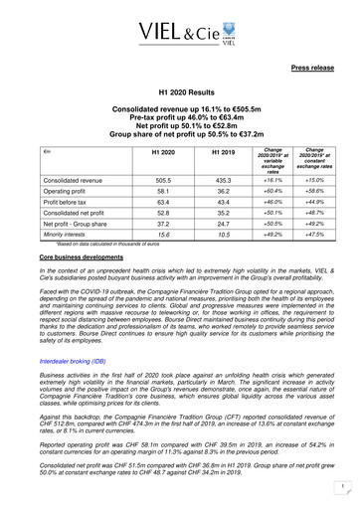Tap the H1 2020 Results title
tap(180, 90)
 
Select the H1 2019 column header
tap(203, 151)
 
